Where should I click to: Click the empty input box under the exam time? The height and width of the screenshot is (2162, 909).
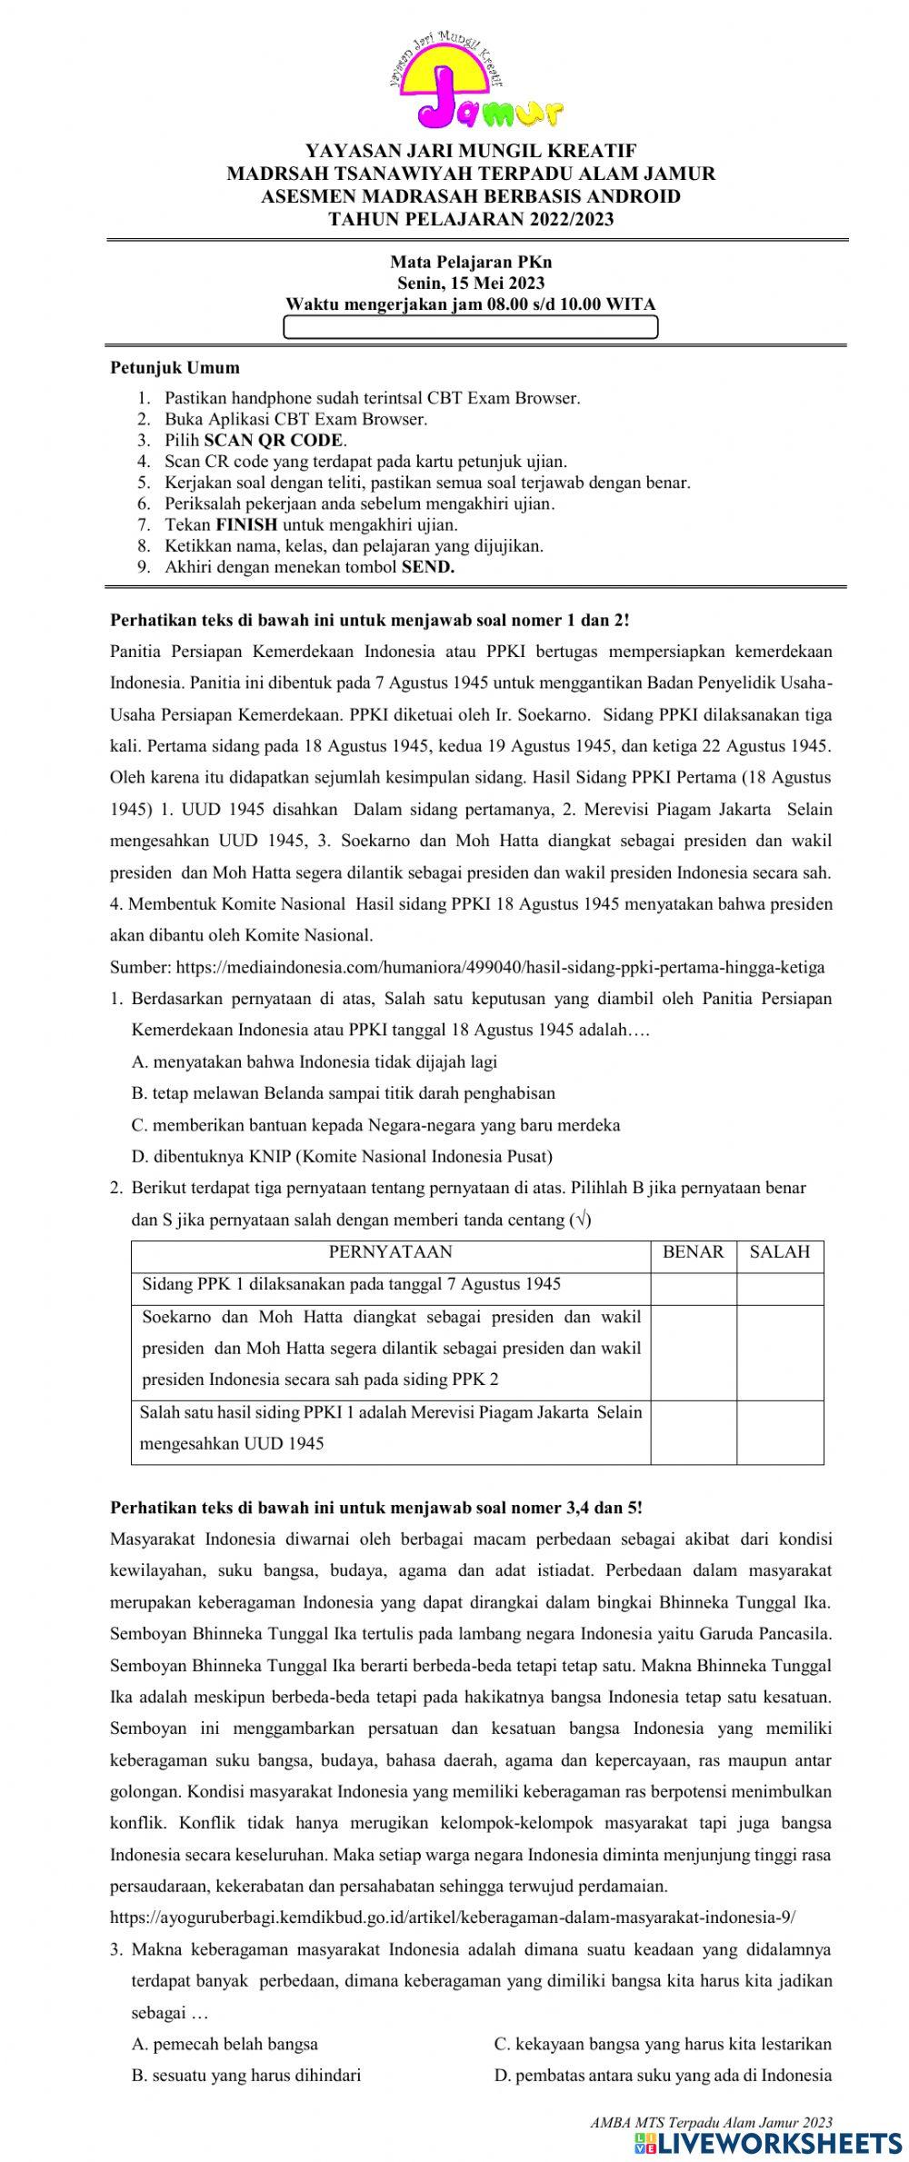pyautogui.click(x=471, y=327)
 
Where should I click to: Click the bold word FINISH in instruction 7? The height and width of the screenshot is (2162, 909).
pyautogui.click(x=247, y=524)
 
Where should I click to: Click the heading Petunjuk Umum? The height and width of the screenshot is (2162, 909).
pyautogui.click(x=175, y=368)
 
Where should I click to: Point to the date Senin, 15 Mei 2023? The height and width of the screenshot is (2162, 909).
pyautogui.click(x=471, y=284)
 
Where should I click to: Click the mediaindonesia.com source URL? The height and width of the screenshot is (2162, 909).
pyautogui.click(x=467, y=967)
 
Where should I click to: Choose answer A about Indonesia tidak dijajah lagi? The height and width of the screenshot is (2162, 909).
pyautogui.click(x=315, y=1061)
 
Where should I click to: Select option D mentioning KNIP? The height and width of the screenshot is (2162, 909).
pyautogui.click(x=342, y=1156)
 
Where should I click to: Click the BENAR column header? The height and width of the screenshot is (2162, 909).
pyautogui.click(x=693, y=1252)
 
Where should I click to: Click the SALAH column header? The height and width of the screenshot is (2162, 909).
pyautogui.click(x=780, y=1252)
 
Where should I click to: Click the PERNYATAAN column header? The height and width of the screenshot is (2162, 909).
pyautogui.click(x=390, y=1252)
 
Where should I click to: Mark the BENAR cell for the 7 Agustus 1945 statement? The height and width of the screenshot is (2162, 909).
pyautogui.click(x=693, y=1285)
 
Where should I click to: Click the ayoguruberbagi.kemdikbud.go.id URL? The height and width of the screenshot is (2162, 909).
pyautogui.click(x=452, y=1918)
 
